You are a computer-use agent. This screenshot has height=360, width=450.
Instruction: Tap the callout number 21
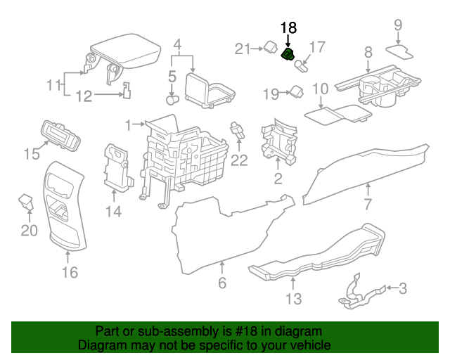[243, 49]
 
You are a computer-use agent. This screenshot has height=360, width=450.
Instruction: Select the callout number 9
[398, 25]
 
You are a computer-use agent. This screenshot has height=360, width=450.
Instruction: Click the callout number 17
[318, 47]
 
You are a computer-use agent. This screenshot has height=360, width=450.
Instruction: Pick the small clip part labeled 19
[296, 91]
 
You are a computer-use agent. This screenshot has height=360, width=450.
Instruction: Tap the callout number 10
[320, 89]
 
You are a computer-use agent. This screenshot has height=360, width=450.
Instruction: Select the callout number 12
[84, 96]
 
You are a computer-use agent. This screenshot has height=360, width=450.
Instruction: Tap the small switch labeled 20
[25, 202]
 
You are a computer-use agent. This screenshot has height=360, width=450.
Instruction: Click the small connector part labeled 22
[237, 130]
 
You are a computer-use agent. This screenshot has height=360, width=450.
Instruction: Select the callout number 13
[293, 300]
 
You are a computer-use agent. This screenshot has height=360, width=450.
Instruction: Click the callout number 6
[222, 283]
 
